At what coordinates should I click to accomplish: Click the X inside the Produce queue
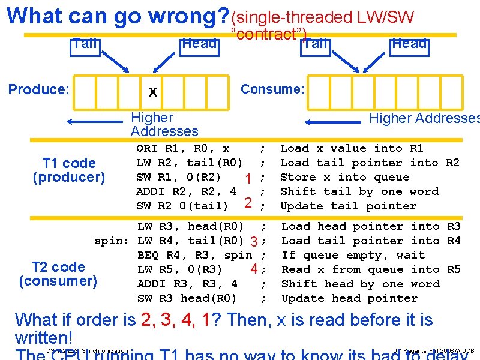tap(153, 92)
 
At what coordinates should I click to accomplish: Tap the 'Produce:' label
tap(39, 89)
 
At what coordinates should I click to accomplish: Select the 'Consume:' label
tap(272, 89)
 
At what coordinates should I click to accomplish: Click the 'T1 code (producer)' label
tap(69, 170)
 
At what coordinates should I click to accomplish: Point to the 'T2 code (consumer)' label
tap(58, 274)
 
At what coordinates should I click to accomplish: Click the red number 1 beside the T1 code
tap(247, 178)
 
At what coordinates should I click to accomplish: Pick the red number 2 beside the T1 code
tap(247, 203)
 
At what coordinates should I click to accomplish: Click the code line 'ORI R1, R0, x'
tap(183, 148)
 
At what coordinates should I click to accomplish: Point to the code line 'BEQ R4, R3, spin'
tap(194, 255)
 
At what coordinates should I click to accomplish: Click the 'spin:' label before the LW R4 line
tap(112, 241)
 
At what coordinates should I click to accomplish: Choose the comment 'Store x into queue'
tap(344, 177)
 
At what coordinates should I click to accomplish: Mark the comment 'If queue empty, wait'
tap(353, 255)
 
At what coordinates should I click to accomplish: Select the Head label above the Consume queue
tap(409, 43)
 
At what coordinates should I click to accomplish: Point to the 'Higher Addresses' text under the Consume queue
tap(424, 118)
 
